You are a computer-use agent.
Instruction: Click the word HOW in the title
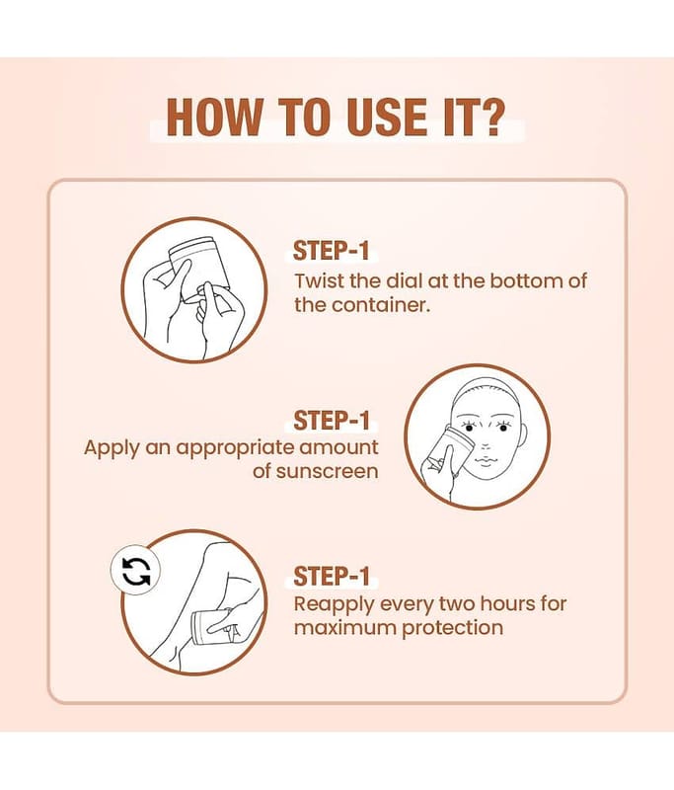214,117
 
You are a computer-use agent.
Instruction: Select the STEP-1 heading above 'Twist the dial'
332,251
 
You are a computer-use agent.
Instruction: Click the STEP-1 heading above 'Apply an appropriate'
332,421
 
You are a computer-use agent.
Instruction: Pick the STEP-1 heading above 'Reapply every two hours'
332,577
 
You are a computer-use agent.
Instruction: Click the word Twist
319,280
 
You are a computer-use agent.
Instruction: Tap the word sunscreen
328,472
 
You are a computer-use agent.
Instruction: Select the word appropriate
235,448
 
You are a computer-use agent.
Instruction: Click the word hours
508,603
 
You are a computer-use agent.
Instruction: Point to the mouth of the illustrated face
485,461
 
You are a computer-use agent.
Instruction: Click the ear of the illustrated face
523,434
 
